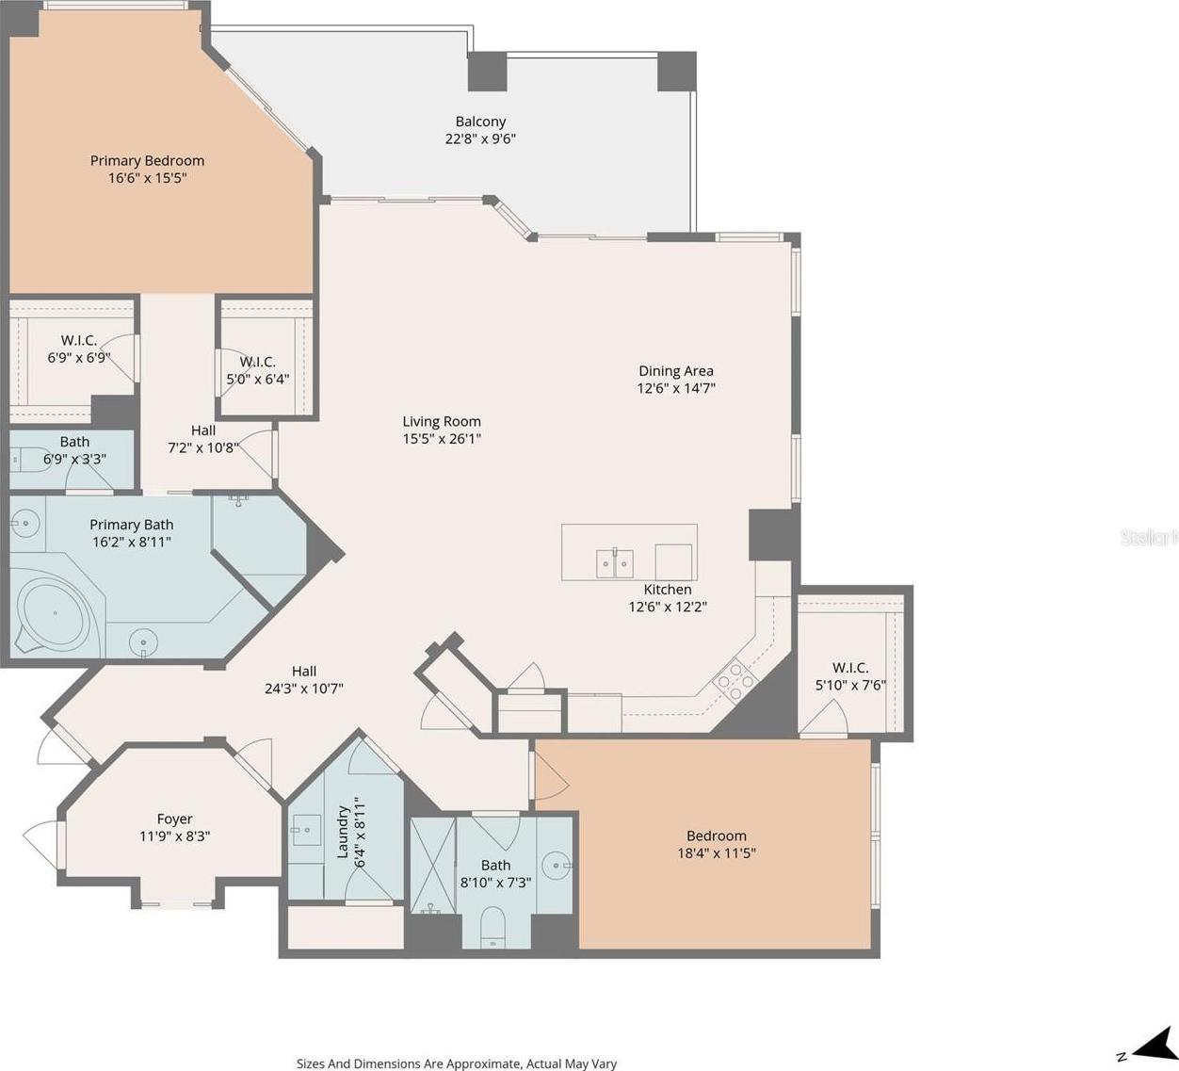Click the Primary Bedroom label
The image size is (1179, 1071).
(x=147, y=160)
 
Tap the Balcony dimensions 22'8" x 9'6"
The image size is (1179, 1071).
(x=480, y=138)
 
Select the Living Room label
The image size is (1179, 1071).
(x=442, y=421)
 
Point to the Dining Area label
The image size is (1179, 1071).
(x=676, y=370)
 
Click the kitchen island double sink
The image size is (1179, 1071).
(x=615, y=563)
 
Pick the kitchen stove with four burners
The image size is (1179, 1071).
(x=735, y=682)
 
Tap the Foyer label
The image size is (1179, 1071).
(x=174, y=819)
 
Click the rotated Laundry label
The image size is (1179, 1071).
(x=343, y=832)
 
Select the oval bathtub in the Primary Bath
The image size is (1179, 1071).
(x=54, y=613)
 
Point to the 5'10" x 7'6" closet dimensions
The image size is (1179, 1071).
(x=849, y=685)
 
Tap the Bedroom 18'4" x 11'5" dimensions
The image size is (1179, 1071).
(x=717, y=852)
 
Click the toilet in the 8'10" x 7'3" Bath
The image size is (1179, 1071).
(x=493, y=928)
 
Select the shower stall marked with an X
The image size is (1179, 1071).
(x=432, y=866)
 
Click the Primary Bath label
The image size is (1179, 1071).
(x=131, y=524)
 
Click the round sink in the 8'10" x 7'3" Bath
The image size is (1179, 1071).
(x=556, y=865)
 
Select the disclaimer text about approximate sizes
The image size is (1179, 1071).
(x=456, y=1063)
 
